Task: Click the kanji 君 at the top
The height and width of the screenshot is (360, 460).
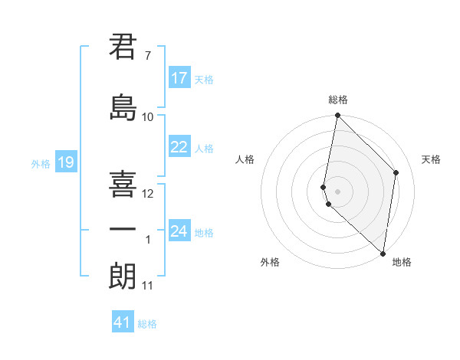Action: coord(123,47)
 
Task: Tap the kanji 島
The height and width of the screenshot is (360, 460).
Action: coord(123,106)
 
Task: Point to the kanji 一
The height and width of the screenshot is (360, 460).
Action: coord(123,229)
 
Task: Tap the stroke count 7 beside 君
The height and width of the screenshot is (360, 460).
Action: coord(147,56)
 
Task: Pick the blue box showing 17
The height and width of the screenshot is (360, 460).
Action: coord(179,78)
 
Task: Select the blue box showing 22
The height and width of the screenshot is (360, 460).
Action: coord(179,147)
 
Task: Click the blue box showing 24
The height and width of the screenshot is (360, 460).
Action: coord(179,231)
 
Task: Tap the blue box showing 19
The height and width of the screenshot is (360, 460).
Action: coord(66,162)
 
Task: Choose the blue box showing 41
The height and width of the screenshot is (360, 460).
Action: coord(123,323)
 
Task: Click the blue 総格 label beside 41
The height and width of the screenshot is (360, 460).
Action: coord(147,324)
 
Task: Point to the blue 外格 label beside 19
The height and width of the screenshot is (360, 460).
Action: coord(41,163)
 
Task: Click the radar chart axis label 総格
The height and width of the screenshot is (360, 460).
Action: coord(338,100)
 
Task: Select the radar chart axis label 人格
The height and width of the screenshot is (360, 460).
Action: coord(245,159)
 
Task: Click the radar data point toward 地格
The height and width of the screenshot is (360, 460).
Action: coord(383,254)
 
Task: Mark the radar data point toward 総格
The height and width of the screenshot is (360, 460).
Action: coord(337,116)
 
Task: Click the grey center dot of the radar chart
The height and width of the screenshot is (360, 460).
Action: coord(338,191)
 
